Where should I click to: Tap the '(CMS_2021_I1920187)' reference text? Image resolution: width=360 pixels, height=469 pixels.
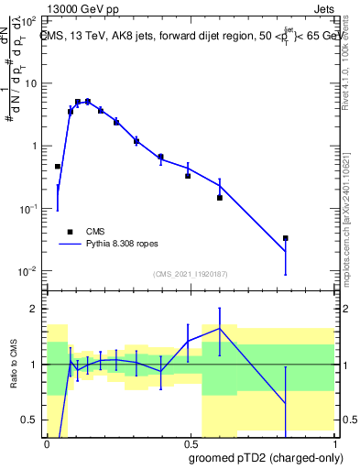[190, 273]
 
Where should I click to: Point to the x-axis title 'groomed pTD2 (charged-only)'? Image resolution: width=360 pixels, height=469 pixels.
[266, 456]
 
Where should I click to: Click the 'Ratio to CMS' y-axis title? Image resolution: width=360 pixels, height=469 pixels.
[14, 364]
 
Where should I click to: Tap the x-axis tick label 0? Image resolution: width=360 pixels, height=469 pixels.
[46, 442]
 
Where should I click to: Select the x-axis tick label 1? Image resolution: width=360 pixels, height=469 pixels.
[333, 442]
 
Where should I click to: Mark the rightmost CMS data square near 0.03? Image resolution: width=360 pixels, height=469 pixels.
[286, 238]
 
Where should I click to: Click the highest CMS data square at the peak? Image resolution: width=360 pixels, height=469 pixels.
[87, 102]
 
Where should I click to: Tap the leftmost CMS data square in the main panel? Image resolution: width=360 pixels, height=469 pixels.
[58, 167]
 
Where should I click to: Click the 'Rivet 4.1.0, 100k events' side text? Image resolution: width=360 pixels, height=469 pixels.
[352, 82]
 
